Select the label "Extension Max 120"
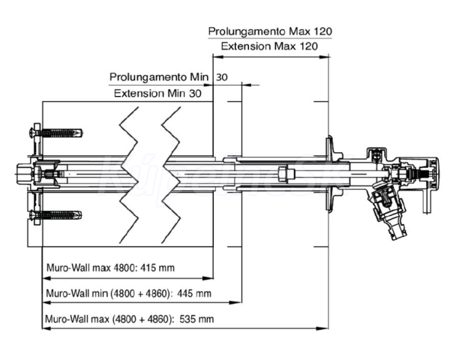pyautogui.click(x=270, y=46)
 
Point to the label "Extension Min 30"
pyautogui.click(x=157, y=93)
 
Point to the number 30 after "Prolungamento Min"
pyautogui.click(x=223, y=77)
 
